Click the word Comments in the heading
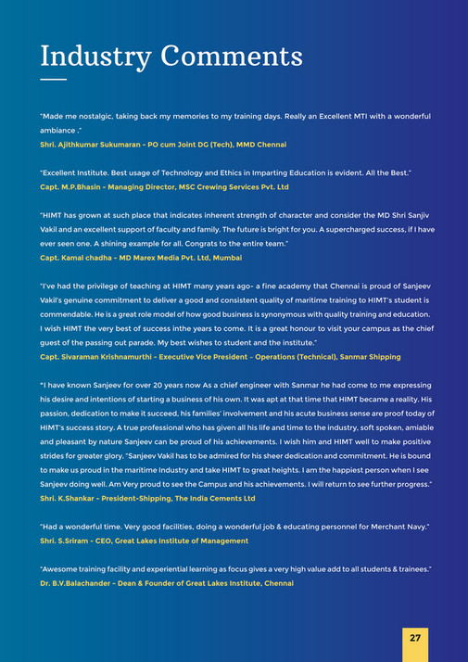232,56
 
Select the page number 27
415,639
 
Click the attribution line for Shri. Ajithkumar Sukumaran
163,145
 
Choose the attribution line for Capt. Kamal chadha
141,257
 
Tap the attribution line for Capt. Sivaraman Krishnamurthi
221,357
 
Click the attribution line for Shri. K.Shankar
147,499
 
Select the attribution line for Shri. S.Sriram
144,541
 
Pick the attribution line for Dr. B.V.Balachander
167,583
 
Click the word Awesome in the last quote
62,567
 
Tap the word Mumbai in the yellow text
227,257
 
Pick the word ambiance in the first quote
57,131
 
